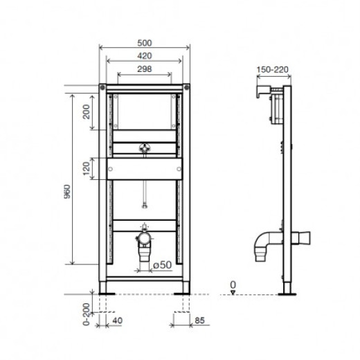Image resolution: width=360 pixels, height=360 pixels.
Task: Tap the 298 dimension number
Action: click(145, 68)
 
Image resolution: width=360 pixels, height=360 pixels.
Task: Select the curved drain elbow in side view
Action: click(261, 242)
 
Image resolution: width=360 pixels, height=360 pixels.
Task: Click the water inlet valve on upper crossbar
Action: click(145, 147)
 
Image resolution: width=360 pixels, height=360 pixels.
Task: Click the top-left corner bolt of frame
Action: click(103, 88)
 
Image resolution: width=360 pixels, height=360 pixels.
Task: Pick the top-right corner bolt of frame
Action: click(187, 88)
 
